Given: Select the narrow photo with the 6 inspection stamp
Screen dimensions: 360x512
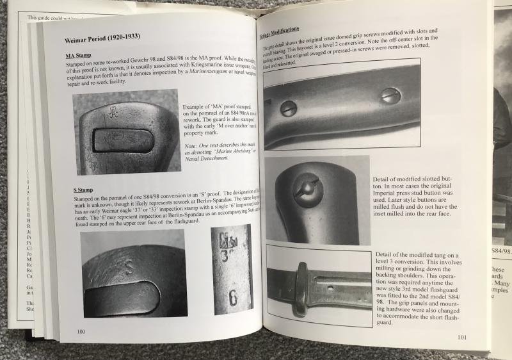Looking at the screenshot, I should (232, 270).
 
